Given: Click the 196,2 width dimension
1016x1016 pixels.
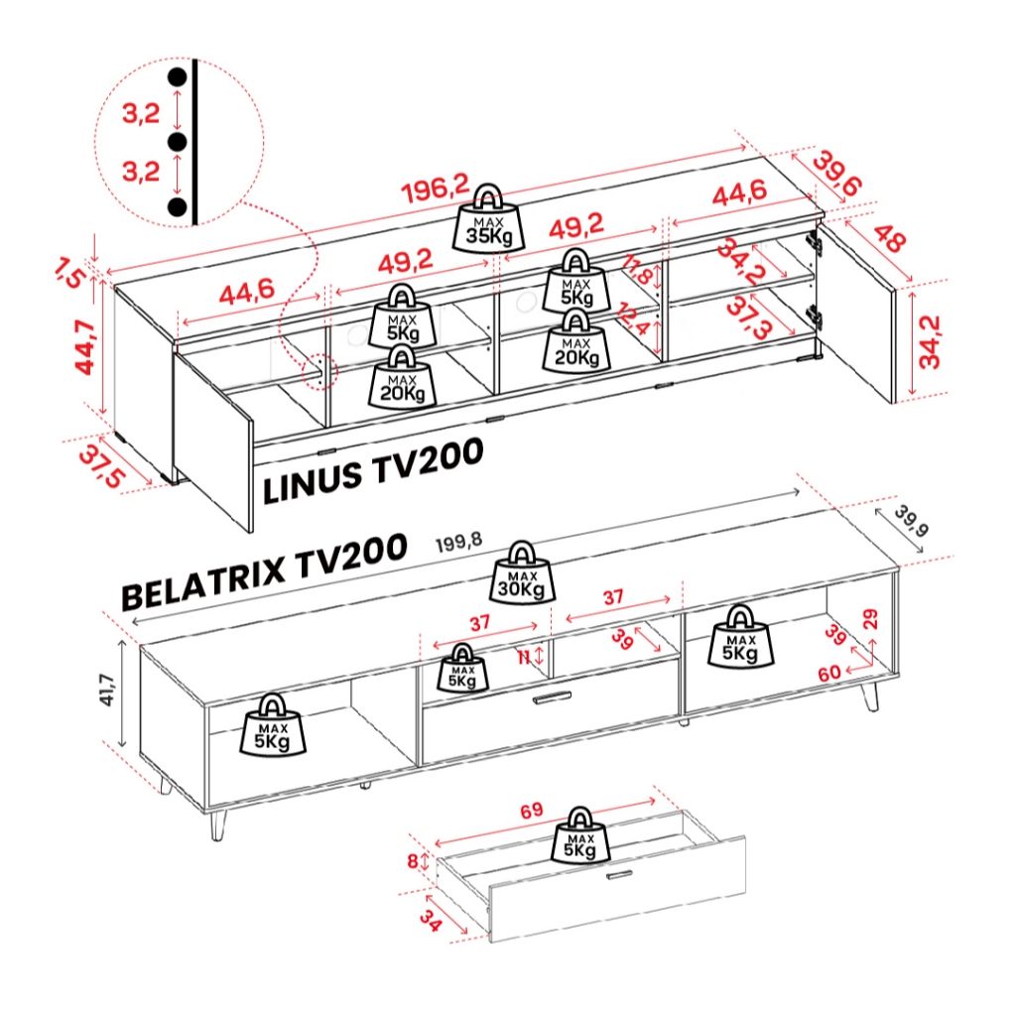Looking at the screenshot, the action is (435, 190).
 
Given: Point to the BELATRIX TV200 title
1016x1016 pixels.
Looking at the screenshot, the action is (264, 571).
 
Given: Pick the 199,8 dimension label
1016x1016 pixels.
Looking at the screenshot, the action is (458, 543).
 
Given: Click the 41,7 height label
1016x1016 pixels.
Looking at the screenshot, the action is (107, 690).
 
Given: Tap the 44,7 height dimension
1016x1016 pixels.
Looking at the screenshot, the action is (85, 347).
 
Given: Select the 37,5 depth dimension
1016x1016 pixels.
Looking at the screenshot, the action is (102, 467).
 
